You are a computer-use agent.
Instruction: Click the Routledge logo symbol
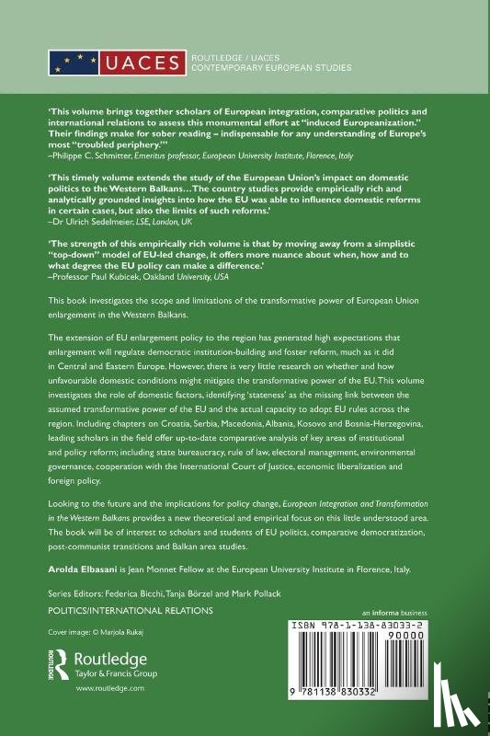59,661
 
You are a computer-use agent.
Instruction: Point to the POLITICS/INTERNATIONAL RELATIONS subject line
130,610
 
